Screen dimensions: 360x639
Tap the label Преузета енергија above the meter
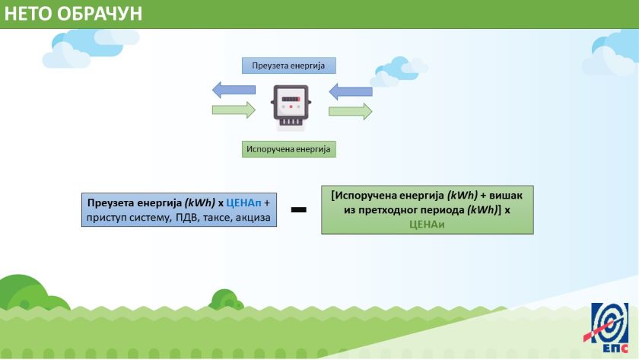(288, 65)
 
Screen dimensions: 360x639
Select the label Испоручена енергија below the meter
(288, 149)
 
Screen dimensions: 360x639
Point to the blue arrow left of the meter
(233, 91)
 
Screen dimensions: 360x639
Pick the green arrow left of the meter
(233, 110)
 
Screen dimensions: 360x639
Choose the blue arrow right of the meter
(351, 92)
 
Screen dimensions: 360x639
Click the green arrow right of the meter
(351, 112)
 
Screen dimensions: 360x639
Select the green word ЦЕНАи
(426, 225)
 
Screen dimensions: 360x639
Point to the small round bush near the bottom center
(226, 300)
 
